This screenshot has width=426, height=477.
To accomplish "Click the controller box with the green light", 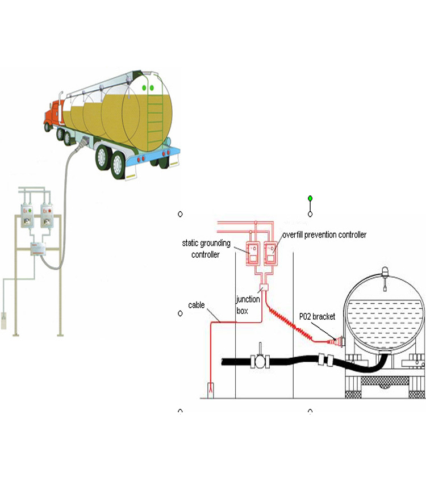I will [x=25, y=216].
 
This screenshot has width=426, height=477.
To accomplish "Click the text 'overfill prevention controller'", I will [x=324, y=235].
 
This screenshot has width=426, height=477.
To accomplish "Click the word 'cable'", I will [x=197, y=306].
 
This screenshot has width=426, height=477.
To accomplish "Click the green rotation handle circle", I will [x=310, y=198].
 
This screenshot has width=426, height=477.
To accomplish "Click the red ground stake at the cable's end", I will [x=211, y=389].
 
